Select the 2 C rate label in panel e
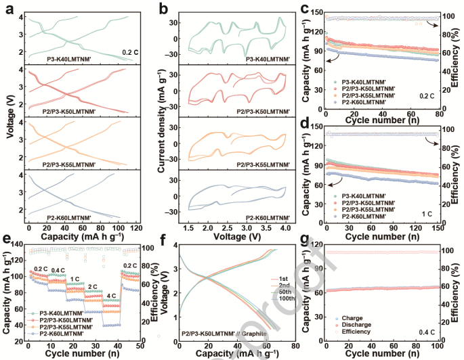[91, 287]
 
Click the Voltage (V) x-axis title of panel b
[232, 239]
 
